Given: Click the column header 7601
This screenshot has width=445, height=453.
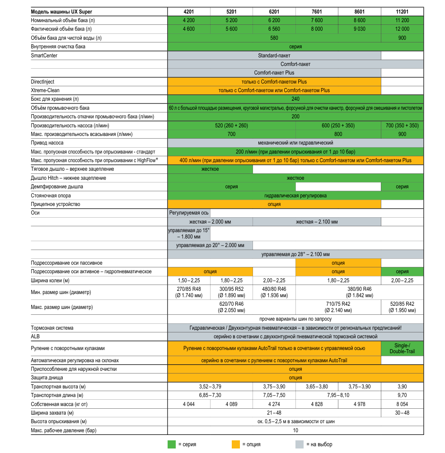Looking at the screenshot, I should pyautogui.click(x=317, y=12).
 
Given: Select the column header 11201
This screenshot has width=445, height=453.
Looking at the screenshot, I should pyautogui.click(x=402, y=12).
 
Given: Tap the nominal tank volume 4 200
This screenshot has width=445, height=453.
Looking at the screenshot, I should pyautogui.click(x=188, y=20).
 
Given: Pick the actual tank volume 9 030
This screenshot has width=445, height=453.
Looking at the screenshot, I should pyautogui.click(x=359, y=29).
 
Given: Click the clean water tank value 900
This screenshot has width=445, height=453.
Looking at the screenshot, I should pyautogui.click(x=402, y=38).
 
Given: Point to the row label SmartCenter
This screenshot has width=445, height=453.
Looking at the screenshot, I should pyautogui.click(x=44, y=56).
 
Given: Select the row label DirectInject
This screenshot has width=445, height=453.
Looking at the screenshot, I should pyautogui.click(x=42, y=82).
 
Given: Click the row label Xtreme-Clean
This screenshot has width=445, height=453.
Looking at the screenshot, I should pyautogui.click(x=45, y=90).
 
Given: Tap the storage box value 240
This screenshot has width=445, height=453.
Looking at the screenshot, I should pyautogui.click(x=295, y=99).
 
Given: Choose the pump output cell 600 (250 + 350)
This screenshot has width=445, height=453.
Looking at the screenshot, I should pyautogui.click(x=338, y=125).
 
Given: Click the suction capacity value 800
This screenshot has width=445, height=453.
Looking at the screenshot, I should pyautogui.click(x=338, y=134).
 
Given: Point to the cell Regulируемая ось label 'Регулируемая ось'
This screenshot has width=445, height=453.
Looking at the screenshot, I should pyautogui.click(x=189, y=213).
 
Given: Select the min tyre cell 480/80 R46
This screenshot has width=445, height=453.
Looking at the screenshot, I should pyautogui.click(x=274, y=292).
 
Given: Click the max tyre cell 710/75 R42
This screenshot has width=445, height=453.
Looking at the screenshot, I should pyautogui.click(x=338, y=307).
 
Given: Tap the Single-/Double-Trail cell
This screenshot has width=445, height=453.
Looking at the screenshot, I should pyautogui.click(x=402, y=348).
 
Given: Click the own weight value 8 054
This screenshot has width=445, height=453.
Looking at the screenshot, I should pyautogui.click(x=402, y=404).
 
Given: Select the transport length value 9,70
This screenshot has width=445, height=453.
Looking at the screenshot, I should pyautogui.click(x=402, y=395).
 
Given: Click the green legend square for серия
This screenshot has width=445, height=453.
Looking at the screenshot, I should pyautogui.click(x=172, y=444).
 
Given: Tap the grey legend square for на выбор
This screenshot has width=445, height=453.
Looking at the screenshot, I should pyautogui.click(x=299, y=444).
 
